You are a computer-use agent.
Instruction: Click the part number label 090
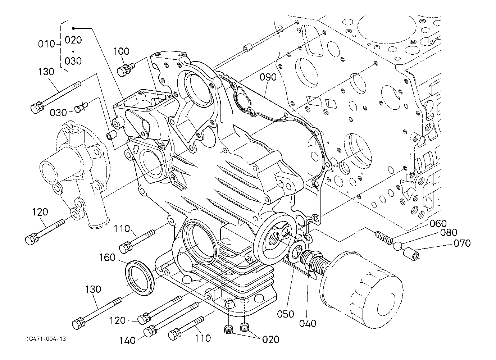pos(268,77)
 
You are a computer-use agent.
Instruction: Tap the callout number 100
pos(121,51)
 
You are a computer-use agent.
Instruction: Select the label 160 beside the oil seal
pos(107,257)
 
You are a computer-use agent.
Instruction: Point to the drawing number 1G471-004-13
pos(46,339)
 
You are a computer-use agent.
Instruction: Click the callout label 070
pos(462,243)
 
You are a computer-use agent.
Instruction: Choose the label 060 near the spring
pos(438,224)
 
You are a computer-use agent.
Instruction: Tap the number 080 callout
pos(449,232)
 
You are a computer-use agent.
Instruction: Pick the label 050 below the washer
pos(286,314)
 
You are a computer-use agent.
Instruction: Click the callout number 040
pos(308,323)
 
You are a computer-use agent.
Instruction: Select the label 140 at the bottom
pos(128,341)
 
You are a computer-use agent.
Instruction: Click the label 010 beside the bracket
pos(46,44)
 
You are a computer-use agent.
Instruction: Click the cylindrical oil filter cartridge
pos(361,290)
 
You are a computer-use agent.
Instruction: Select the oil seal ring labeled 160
pos(140,278)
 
